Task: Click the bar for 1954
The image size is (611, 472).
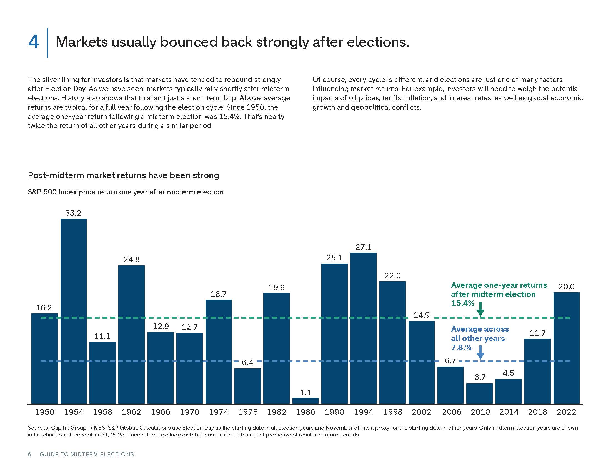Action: pyautogui.click(x=74, y=311)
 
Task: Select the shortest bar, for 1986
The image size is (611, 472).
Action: pyautogui.click(x=305, y=401)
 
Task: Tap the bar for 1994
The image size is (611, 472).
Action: pyautogui.click(x=364, y=328)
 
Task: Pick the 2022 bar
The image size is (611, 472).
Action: pyautogui.click(x=567, y=348)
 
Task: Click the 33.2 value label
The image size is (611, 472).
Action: pyautogui.click(x=73, y=213)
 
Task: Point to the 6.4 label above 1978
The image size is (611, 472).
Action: pyautogui.click(x=247, y=363)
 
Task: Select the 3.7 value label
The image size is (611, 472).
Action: pyautogui.click(x=480, y=378)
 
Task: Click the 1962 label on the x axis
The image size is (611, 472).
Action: pyautogui.click(x=131, y=412)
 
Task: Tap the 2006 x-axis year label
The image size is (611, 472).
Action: pyautogui.click(x=451, y=412)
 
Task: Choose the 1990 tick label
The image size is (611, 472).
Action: pyautogui.click(x=335, y=412)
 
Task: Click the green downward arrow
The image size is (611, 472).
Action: pyautogui.click(x=480, y=309)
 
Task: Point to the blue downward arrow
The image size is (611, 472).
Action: pyautogui.click(x=480, y=353)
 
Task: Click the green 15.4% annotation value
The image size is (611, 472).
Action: pyautogui.click(x=463, y=303)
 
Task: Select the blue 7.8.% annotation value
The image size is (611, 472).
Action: pyautogui.click(x=461, y=348)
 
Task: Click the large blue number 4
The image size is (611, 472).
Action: pyautogui.click(x=34, y=42)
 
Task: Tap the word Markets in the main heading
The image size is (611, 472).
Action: pyautogui.click(x=82, y=42)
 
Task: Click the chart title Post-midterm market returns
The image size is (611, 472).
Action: pyautogui.click(x=123, y=175)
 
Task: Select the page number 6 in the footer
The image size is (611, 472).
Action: pyautogui.click(x=29, y=455)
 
